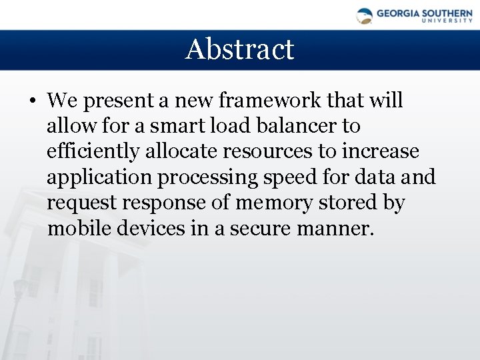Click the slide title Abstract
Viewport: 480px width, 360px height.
239,49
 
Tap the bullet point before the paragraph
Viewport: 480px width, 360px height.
32,102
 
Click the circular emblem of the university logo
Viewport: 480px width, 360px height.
365,15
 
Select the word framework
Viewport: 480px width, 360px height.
258,101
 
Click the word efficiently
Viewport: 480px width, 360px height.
94,152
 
